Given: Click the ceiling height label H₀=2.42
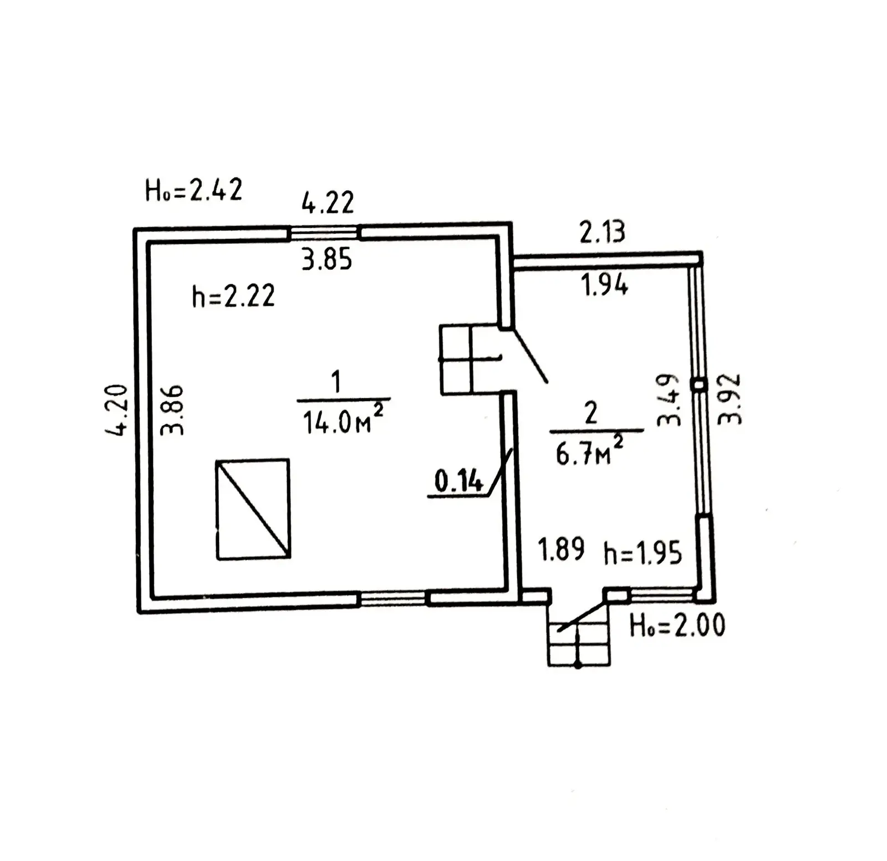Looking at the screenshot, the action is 193,191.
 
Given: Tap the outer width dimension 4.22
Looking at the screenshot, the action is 328,203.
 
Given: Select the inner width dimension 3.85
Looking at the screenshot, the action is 327,259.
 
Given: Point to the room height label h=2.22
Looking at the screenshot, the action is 233,296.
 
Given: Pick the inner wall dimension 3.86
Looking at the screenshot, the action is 172,410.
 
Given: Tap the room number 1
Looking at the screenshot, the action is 335,382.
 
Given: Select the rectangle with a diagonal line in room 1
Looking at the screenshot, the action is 253,509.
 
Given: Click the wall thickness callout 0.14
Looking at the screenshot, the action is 458,481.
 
